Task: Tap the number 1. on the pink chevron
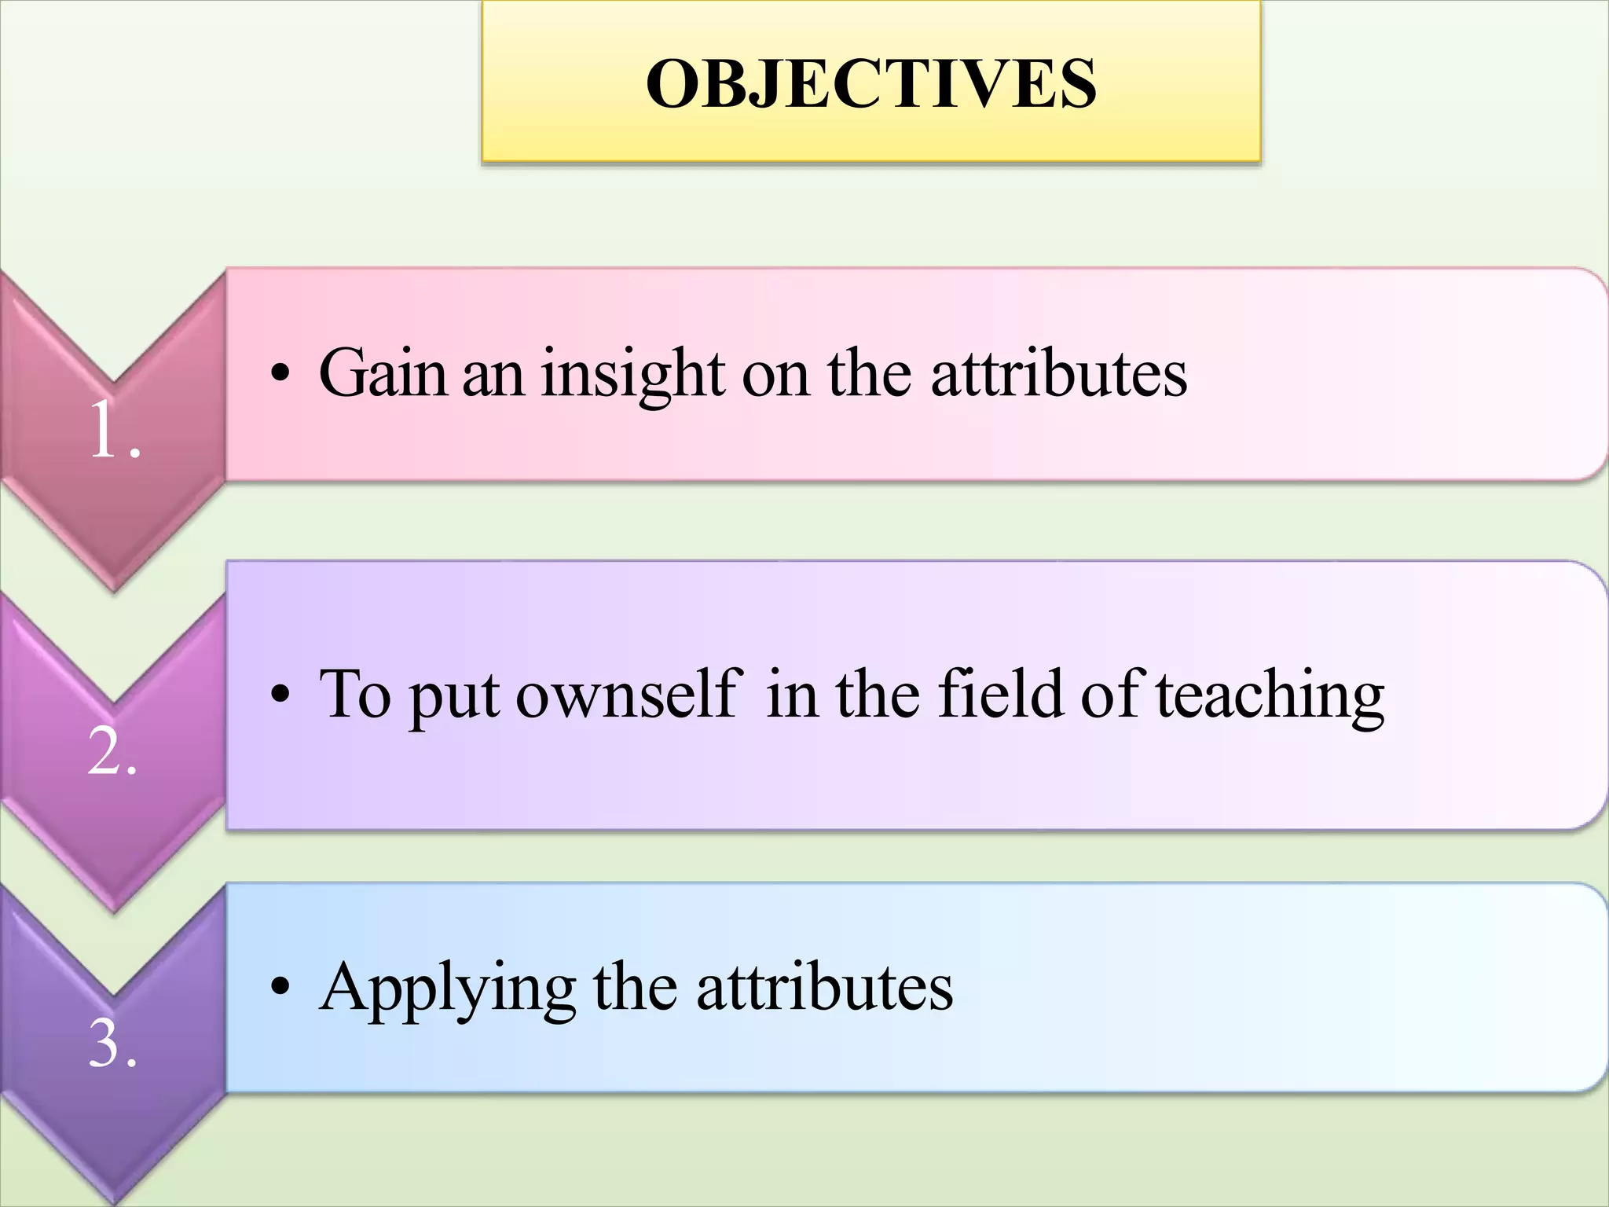115,431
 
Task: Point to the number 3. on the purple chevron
112,1045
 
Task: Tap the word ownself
628,695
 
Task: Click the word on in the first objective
775,376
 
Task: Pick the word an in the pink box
493,376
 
